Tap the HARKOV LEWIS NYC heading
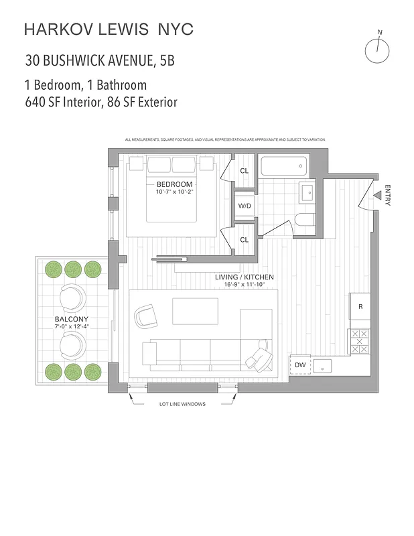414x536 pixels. pos(109,29)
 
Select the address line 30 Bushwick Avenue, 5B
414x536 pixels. pos(100,61)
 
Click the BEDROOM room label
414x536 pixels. pos(174,184)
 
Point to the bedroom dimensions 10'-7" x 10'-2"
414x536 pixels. pos(174,193)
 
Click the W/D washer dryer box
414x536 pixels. pos(244,206)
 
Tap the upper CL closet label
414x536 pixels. pos(244,171)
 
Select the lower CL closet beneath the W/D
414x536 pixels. pos(244,240)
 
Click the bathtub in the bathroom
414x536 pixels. pos(283,166)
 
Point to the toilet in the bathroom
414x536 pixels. pos(305,221)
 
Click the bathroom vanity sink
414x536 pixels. pos(307,193)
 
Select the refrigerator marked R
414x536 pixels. pos(360,308)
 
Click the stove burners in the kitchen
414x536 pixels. pos(360,342)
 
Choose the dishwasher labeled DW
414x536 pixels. pos(301,365)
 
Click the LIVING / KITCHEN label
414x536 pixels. pos(244,277)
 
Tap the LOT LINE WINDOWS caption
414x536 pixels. pos(182,404)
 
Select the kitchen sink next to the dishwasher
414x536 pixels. pos(324,366)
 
